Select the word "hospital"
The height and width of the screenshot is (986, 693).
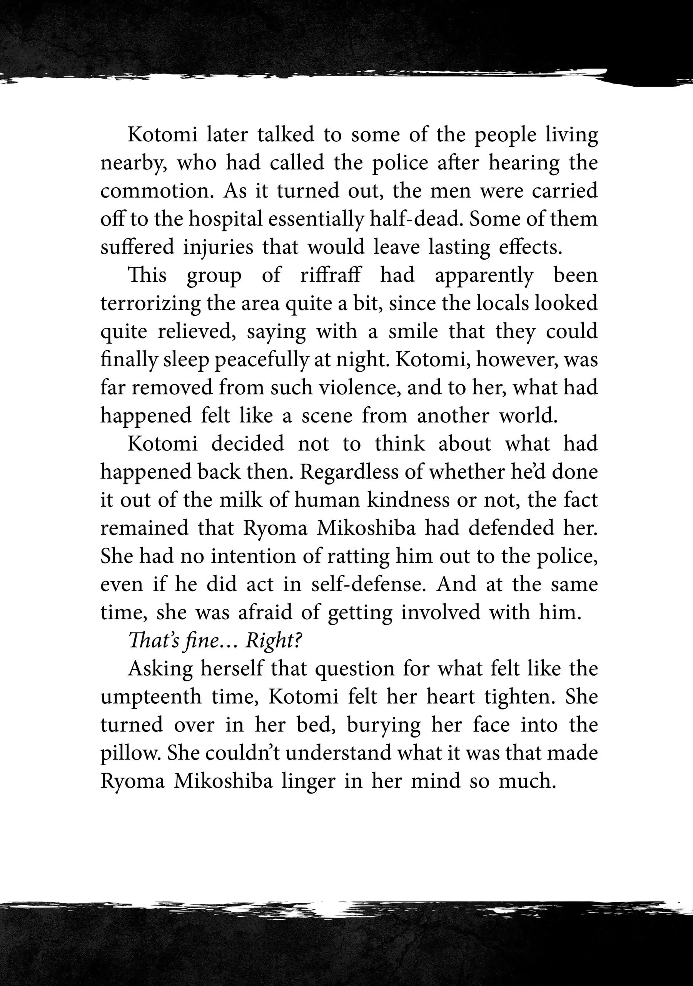226,220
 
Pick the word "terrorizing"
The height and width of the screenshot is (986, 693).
150,304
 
